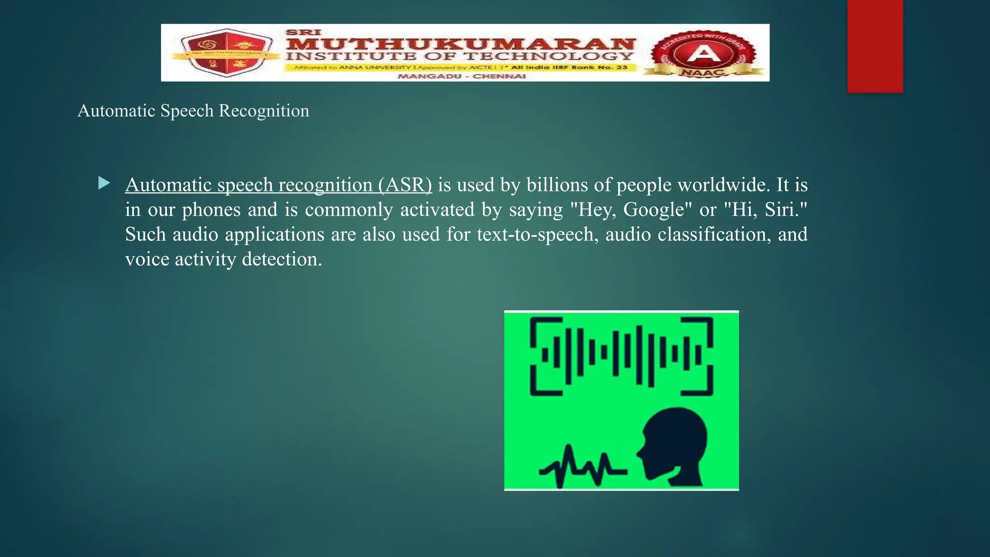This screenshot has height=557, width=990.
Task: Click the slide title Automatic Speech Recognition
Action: (193, 111)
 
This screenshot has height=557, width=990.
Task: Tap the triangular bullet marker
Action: (104, 183)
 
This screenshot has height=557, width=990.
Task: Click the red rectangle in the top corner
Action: (875, 46)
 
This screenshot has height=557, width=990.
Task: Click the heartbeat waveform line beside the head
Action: (582, 467)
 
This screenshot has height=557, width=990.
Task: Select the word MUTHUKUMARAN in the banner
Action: (460, 44)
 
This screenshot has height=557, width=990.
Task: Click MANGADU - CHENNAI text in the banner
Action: (462, 76)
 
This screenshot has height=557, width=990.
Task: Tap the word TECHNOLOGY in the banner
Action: (548, 56)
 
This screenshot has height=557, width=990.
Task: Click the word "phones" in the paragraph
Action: (211, 210)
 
